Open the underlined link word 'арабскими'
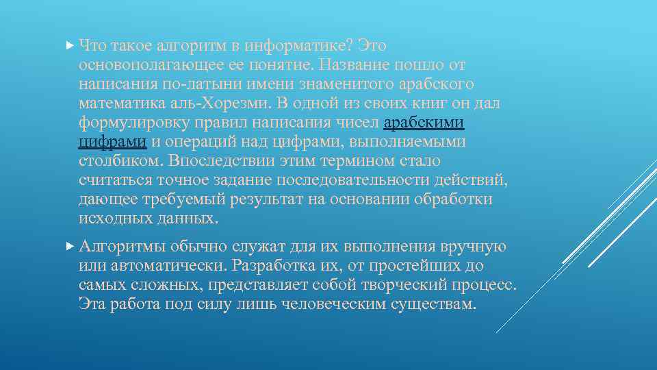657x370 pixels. click(x=424, y=123)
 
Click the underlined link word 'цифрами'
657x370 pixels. click(x=113, y=142)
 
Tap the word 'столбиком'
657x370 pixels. click(x=120, y=161)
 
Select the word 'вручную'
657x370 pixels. click(x=474, y=245)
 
